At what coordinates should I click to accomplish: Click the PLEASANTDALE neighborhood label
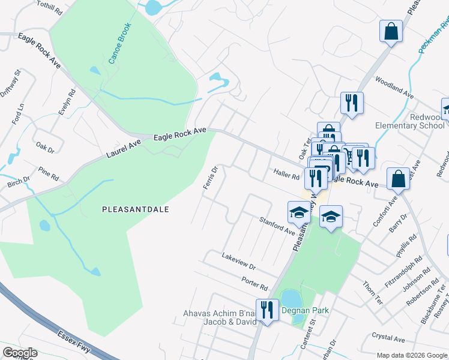[x=135, y=209]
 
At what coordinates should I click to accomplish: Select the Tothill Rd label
[x=50, y=8]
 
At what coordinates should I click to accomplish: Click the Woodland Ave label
[x=394, y=88]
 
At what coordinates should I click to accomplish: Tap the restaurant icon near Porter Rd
[x=267, y=310]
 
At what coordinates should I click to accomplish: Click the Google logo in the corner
[x=20, y=353]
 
